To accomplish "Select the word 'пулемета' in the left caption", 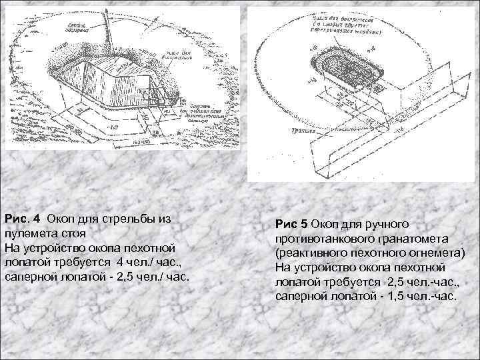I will click(31, 233).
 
